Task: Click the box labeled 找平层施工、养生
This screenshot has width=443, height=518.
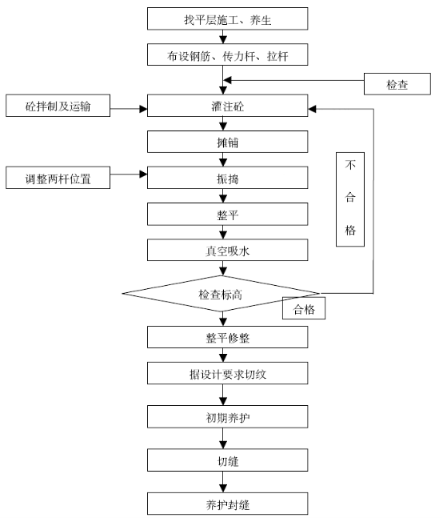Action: click(x=228, y=19)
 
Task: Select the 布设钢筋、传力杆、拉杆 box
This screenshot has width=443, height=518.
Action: click(x=228, y=54)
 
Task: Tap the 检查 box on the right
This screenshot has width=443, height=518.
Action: click(x=397, y=84)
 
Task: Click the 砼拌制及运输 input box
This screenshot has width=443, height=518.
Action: click(x=58, y=106)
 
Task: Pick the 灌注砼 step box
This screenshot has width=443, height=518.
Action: click(x=228, y=106)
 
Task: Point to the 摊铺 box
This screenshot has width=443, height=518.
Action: click(x=228, y=142)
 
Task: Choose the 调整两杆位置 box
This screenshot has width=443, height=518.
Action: click(x=58, y=178)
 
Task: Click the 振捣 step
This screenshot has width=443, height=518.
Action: click(x=228, y=178)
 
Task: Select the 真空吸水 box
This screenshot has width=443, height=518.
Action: click(x=228, y=250)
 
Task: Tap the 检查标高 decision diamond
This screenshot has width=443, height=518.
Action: click(x=221, y=293)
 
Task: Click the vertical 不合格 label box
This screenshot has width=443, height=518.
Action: click(x=350, y=199)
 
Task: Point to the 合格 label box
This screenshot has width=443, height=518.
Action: click(x=304, y=308)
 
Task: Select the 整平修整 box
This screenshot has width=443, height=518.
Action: click(x=228, y=337)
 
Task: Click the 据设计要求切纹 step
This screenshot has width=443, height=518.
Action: click(x=228, y=373)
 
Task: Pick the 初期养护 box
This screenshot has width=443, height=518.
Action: click(x=228, y=417)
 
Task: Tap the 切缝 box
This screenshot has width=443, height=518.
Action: click(x=228, y=460)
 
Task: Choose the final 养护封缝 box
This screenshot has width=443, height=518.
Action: click(x=228, y=504)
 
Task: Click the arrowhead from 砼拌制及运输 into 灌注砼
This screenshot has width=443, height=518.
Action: click(x=143, y=109)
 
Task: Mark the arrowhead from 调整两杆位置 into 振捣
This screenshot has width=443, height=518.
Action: click(x=143, y=174)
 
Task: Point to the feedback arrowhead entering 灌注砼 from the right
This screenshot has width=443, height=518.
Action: click(x=312, y=109)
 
